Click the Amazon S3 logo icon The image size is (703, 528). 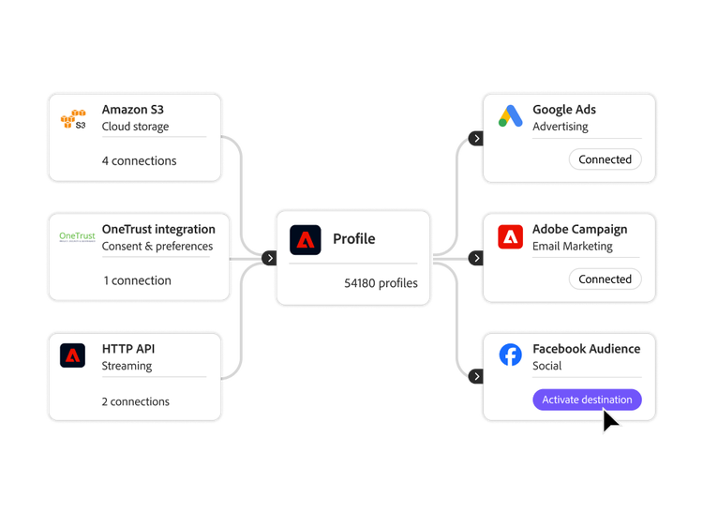click(x=73, y=119)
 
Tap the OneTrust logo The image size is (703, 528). click(x=77, y=236)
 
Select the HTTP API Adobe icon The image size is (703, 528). click(x=73, y=356)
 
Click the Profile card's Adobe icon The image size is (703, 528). click(x=305, y=240)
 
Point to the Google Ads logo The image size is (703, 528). click(x=510, y=116)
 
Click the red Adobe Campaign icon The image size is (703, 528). click(x=510, y=236)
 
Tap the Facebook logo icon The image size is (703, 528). click(x=510, y=355)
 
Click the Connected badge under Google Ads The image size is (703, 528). click(x=605, y=159)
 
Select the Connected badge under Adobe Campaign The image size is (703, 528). click(x=605, y=279)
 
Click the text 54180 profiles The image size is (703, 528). click(x=381, y=282)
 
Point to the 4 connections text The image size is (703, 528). click(x=139, y=160)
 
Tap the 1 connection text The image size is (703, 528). click(x=137, y=280)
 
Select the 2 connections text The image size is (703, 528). click(x=136, y=401)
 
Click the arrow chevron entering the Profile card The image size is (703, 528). click(x=269, y=258)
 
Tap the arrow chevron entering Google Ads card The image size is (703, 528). click(x=476, y=138)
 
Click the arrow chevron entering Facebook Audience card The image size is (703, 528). click(x=476, y=376)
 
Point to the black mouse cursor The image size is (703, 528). click(x=610, y=420)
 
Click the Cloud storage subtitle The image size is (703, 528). click(x=135, y=127)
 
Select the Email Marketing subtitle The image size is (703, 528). click(x=572, y=247)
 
